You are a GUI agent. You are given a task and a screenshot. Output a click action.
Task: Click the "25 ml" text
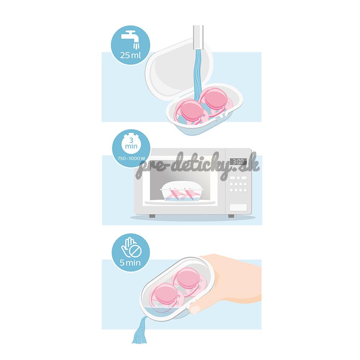click(130, 55)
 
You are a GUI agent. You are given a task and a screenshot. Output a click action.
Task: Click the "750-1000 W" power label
click(131, 158)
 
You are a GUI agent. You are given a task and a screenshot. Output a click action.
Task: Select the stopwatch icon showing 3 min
click(131, 144)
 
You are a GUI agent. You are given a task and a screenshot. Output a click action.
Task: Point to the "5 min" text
click(130, 262)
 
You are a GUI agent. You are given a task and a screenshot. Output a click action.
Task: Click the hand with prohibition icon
click(131, 247)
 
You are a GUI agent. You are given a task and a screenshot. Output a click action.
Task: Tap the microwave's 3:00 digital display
click(238, 161)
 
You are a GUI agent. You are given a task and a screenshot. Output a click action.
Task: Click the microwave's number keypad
click(238, 184)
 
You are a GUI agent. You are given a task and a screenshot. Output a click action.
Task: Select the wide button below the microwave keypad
click(238, 208)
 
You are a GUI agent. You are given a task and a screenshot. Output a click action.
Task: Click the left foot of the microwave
click(152, 216)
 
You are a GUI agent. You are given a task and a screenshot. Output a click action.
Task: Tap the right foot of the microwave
click(231, 216)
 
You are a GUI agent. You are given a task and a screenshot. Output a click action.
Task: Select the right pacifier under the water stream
click(216, 100)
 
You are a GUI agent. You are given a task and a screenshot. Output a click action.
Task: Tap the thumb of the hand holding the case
click(195, 309)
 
